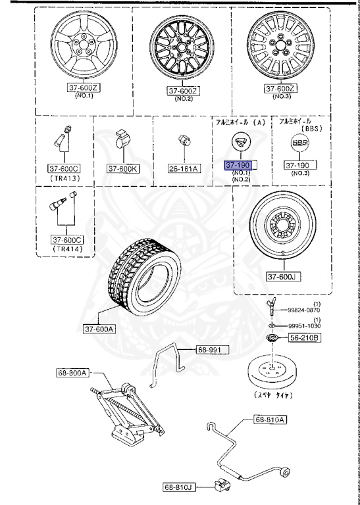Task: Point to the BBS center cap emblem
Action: click(x=299, y=144)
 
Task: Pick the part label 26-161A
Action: click(x=184, y=168)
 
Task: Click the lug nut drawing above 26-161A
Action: click(x=184, y=141)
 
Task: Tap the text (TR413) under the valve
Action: click(x=64, y=178)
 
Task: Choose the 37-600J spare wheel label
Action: click(x=284, y=277)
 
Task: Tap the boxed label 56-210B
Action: click(x=304, y=337)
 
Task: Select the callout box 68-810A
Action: click(x=270, y=419)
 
